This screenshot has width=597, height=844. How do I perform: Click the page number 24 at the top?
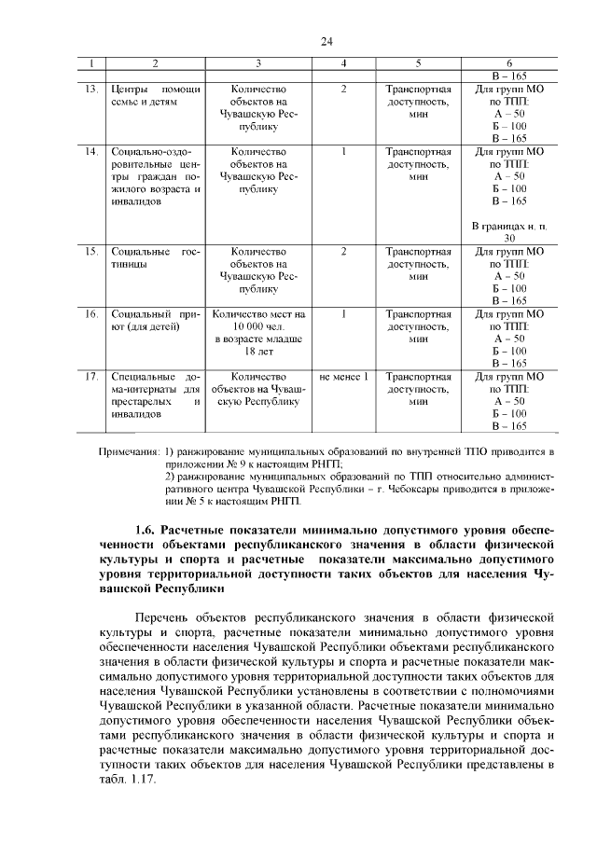326,42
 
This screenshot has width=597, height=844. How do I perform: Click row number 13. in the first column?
91,90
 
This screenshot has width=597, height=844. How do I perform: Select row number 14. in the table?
91,151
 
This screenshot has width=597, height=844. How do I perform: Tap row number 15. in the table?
91,252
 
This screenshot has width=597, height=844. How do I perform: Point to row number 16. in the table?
91,314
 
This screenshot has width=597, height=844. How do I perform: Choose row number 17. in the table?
91,377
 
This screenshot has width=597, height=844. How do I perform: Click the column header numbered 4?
344,64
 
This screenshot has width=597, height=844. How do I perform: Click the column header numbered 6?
508,64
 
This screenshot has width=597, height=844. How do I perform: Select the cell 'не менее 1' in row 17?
344,377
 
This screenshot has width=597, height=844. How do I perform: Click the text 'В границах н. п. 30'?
508,231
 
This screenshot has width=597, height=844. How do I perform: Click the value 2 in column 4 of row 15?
344,252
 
